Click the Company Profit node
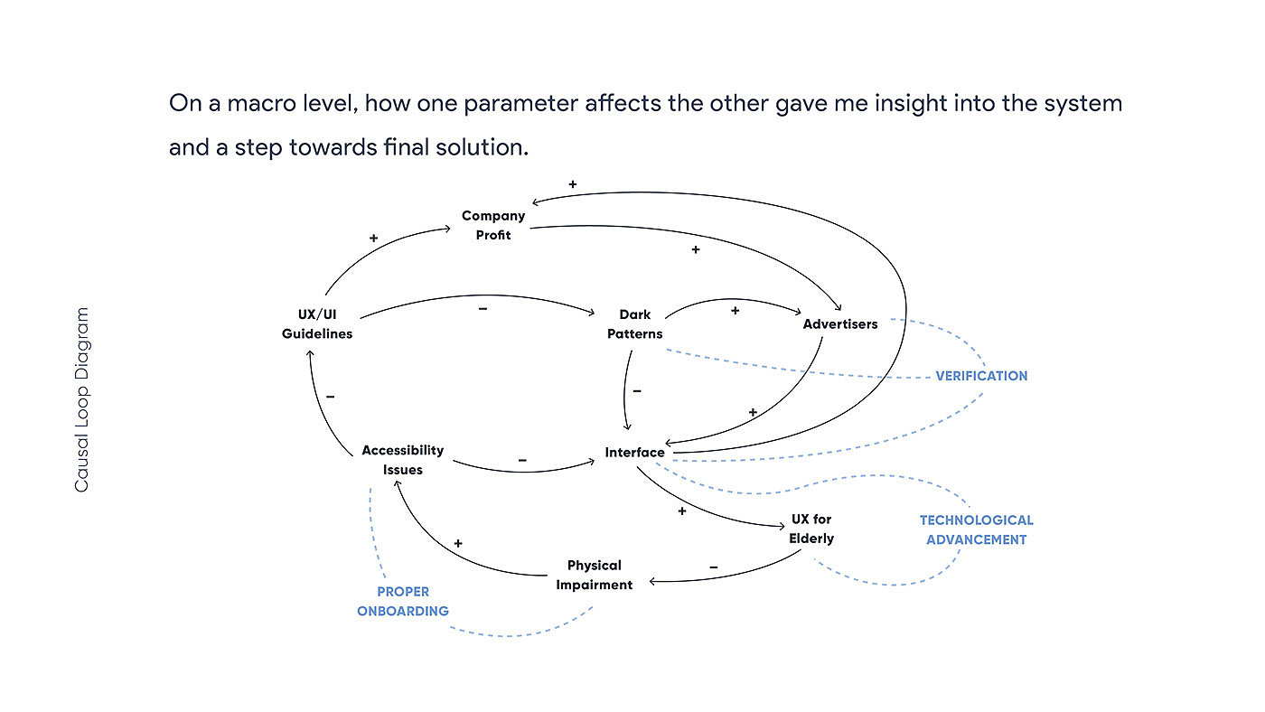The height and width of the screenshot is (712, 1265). tap(493, 225)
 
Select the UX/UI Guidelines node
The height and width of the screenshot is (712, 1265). tap(317, 324)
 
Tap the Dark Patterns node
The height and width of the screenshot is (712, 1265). tap(634, 324)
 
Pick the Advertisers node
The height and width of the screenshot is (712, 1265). tap(840, 324)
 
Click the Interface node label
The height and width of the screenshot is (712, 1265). tap(635, 453)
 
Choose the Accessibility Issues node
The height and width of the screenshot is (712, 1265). tap(403, 460)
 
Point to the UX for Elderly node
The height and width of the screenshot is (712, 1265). tap(811, 529)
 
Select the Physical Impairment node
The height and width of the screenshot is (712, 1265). tap(595, 575)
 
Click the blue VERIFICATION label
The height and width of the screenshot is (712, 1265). tap(981, 376)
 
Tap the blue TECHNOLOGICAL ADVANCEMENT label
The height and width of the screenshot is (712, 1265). tap(977, 530)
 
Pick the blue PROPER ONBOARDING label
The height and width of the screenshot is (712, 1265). tap(403, 602)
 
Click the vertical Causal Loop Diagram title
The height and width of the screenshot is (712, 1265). tap(82, 400)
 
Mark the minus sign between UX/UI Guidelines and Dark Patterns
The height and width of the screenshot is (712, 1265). tap(483, 309)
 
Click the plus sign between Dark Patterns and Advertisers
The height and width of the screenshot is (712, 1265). tap(735, 310)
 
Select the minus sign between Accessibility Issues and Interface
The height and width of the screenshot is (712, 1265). tap(522, 460)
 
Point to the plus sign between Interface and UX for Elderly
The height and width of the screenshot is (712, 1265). tap(682, 511)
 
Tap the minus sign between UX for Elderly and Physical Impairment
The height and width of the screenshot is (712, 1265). tap(714, 567)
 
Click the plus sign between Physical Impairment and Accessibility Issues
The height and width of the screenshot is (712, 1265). tap(458, 544)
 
